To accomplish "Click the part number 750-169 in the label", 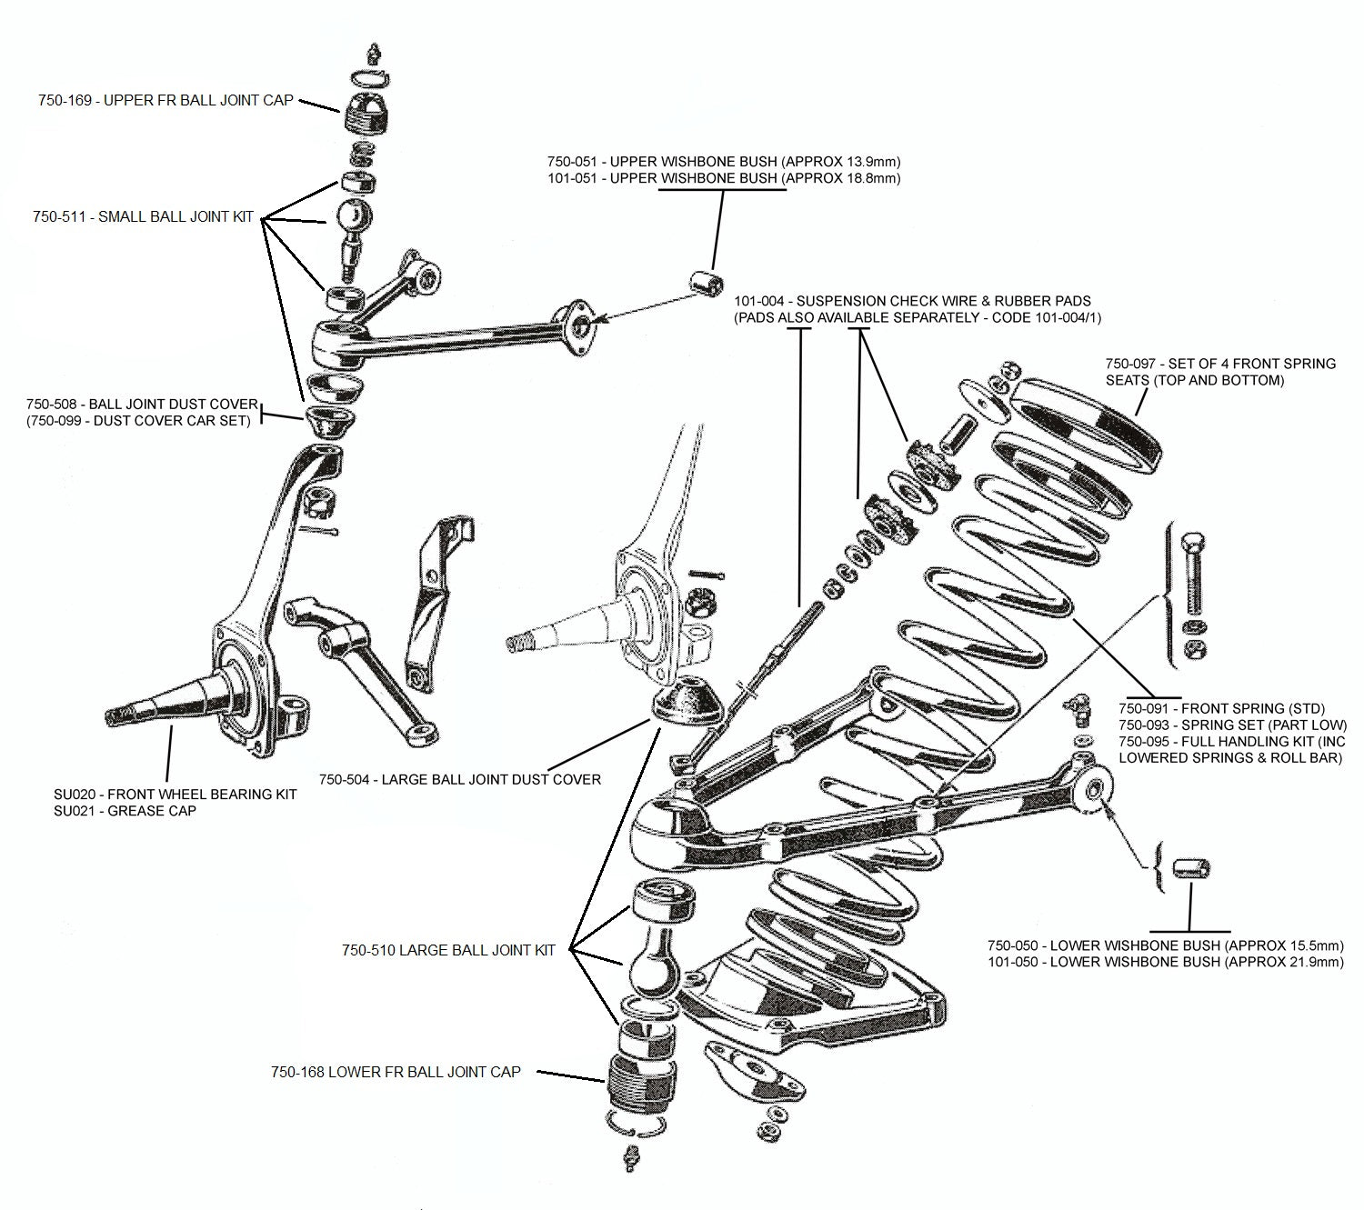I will tap(65, 101).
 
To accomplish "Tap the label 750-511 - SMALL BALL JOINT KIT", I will tap(143, 217).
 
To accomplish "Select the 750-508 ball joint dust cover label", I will tap(142, 405).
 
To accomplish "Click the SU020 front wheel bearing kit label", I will tap(175, 794).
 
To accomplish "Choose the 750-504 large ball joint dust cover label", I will tap(459, 779).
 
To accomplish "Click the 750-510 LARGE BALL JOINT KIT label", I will tap(448, 950).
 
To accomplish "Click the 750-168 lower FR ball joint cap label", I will tap(396, 1072).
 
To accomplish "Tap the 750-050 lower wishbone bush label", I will tap(1164, 945).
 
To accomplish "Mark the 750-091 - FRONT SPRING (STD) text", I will tap(1221, 708).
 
